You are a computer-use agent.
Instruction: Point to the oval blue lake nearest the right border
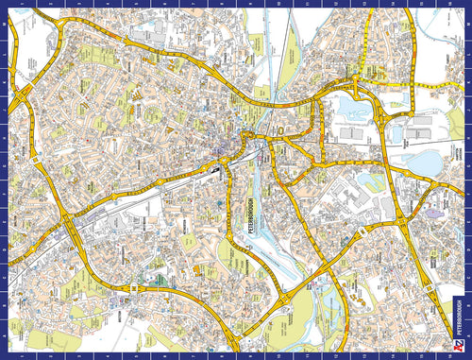pyautogui.click(x=427, y=163)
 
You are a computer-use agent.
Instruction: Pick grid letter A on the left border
pyautogui.click(x=6, y=335)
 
